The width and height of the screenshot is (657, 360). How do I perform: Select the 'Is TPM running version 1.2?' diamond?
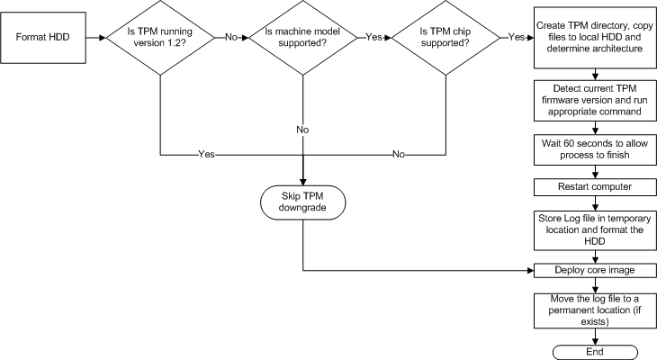159,38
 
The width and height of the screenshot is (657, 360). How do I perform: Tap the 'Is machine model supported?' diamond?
302,38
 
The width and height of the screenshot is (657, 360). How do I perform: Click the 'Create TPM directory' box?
589,38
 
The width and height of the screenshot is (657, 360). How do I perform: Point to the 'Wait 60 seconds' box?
589,150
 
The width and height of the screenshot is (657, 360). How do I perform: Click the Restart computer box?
589,186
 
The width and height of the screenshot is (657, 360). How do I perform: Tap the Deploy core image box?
589,269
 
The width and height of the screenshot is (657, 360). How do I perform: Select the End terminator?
589,351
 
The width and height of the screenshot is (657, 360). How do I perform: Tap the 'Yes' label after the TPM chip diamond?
517,38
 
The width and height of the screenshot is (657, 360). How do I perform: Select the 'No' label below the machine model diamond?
302,130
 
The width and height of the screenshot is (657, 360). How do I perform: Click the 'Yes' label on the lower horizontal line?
206,155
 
